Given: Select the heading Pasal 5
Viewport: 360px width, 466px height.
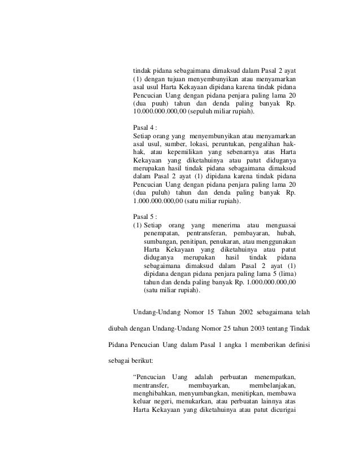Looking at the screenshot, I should click(144, 217).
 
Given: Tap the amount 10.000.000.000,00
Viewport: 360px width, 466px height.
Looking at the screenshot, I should click(159, 112).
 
